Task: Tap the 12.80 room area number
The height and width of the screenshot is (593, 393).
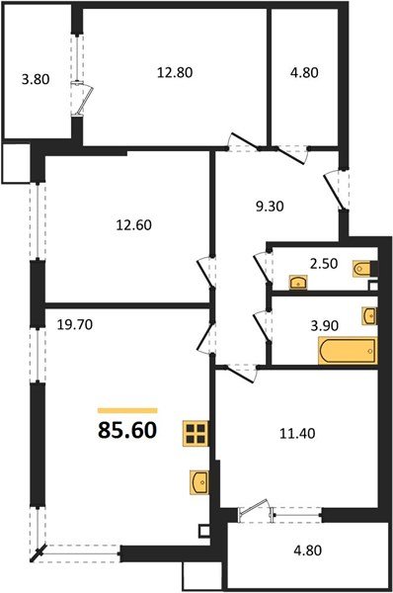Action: click(174, 70)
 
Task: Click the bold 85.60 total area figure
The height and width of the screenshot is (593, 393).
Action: click(126, 432)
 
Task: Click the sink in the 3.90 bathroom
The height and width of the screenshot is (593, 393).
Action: click(369, 315)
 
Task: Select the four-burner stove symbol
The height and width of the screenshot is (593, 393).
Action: click(196, 434)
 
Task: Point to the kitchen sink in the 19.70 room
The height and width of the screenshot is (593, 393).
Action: click(199, 483)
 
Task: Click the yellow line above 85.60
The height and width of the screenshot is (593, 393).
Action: click(127, 409)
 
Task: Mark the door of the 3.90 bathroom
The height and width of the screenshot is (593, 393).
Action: click(263, 325)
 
